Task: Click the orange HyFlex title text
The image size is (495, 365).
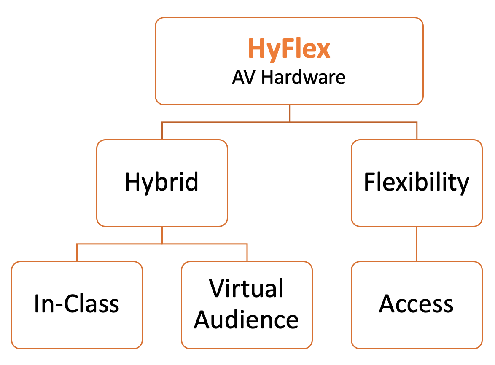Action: coord(289,49)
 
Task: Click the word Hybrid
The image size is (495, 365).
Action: coord(161,182)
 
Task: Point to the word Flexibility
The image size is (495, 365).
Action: coord(417,182)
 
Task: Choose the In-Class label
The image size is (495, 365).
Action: coord(77,304)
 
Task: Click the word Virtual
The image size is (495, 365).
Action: coord(247,289)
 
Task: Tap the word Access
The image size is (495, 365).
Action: coord(417,304)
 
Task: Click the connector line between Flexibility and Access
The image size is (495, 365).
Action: coord(417,244)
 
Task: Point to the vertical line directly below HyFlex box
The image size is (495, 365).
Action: coord(289,113)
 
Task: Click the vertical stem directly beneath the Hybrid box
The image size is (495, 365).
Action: coord(162,235)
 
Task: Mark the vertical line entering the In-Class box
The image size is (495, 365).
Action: coord(77,252)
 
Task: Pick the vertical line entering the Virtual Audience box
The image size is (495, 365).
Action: coord(247,252)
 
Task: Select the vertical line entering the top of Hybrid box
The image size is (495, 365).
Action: coord(162,131)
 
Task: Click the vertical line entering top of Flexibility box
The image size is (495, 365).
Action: coord(417,131)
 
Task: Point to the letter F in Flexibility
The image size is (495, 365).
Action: coord(370,182)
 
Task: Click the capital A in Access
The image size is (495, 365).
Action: coord(387,304)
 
